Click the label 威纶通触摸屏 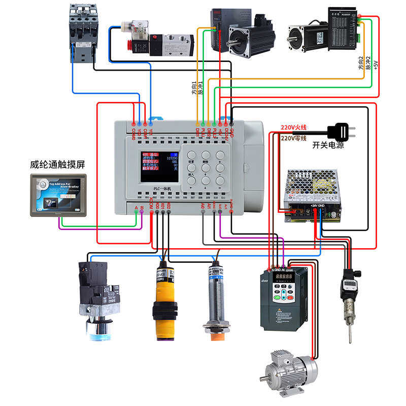pyautogui.click(x=57, y=165)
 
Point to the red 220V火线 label pyautogui.click(x=294, y=127)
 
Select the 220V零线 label pyautogui.click(x=294, y=138)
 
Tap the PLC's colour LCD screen pyautogui.click(x=159, y=168)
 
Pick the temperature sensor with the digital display pyautogui.click(x=351, y=294)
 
